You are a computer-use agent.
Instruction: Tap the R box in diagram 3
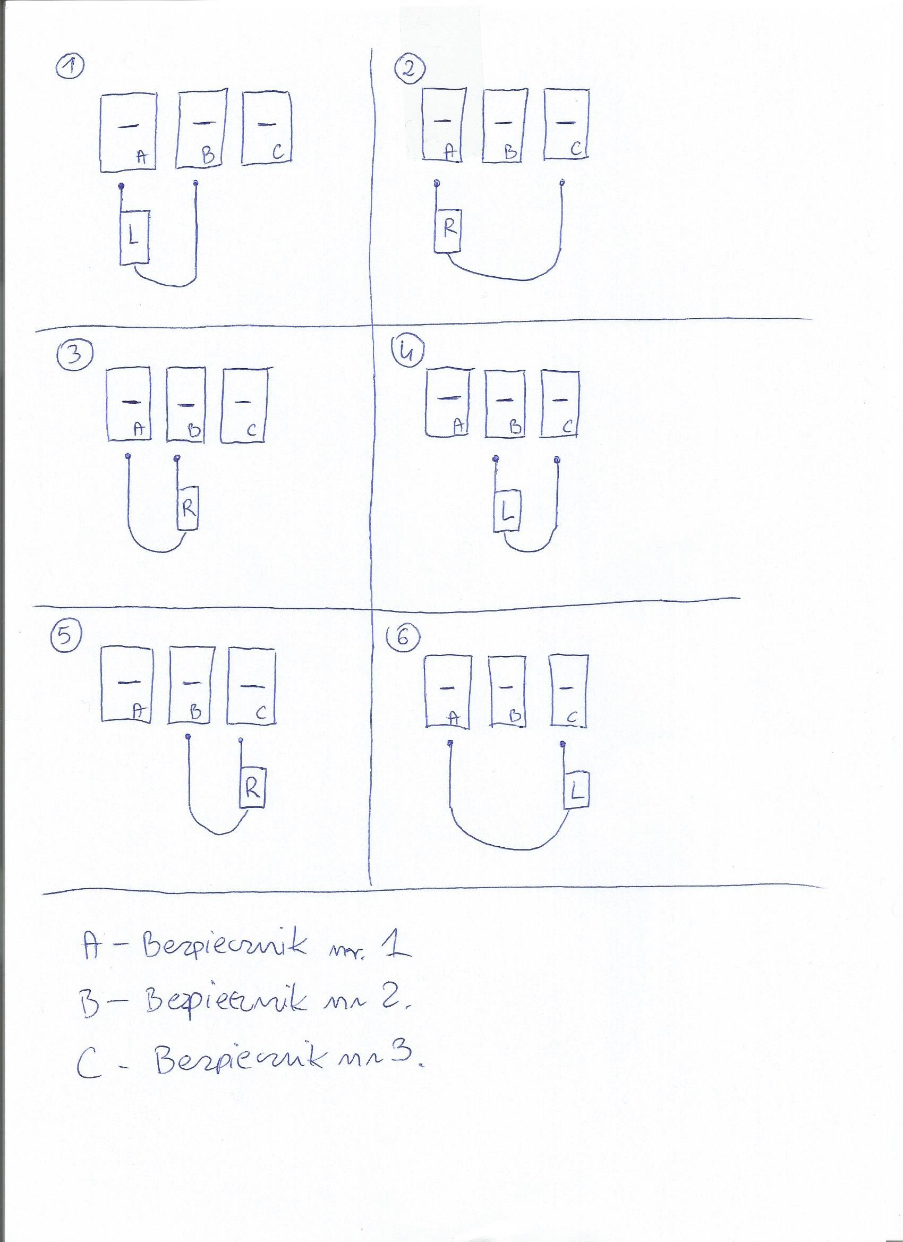[x=188, y=509]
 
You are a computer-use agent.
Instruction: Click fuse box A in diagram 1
[x=128, y=132]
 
